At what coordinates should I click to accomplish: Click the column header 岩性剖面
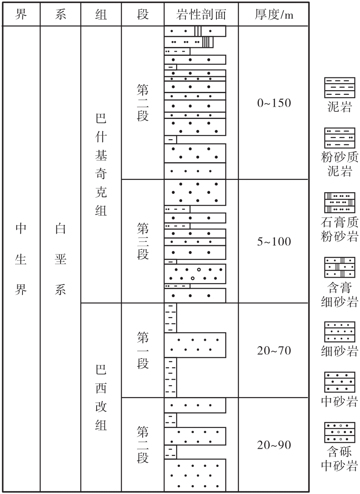coord(201,14)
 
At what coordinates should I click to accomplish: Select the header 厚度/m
coord(274,14)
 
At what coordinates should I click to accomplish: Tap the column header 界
coord(21,14)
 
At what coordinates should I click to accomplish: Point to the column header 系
coord(61,14)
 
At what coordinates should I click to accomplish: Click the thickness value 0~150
coord(274,103)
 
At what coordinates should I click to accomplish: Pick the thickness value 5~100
coord(274,241)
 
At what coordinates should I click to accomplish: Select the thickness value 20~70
coord(274,350)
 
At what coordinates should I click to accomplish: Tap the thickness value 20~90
coord(274,445)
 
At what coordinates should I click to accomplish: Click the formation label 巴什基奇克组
coord(101,165)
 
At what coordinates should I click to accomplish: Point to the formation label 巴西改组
coord(101,397)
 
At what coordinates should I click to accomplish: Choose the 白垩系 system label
coord(61,259)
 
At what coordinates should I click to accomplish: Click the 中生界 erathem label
coord(21,259)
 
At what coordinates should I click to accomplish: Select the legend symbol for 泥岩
coord(340,88)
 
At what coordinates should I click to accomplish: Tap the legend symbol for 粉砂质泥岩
coord(340,138)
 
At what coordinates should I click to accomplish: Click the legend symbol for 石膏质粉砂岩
coord(340,203)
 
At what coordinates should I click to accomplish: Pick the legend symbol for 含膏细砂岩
coord(340,267)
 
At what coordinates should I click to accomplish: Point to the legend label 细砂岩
coord(340,350)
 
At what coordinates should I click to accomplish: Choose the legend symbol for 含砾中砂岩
coord(340,433)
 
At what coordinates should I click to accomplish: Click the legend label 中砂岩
coord(340,401)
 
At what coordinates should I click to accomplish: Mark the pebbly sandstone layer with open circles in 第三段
coord(195,274)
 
